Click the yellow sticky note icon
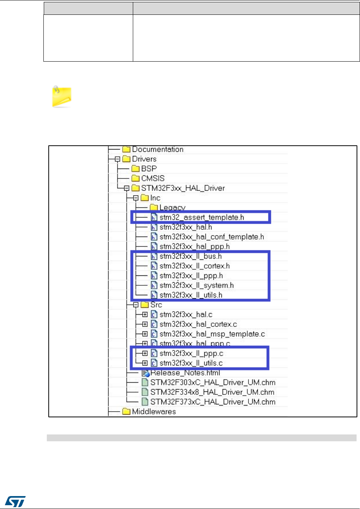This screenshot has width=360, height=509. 62,97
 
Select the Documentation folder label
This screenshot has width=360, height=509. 158,150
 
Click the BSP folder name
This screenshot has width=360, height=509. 149,169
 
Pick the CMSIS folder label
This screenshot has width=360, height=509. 153,178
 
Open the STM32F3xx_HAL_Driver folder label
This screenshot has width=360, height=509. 183,188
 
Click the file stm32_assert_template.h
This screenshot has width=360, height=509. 201,217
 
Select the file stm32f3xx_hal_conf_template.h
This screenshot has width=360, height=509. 211,237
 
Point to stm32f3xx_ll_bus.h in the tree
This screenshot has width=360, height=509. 190,256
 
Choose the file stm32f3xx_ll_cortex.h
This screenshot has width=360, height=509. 194,266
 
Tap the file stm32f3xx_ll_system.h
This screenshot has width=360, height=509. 196,285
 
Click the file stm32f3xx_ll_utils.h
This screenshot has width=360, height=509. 191,295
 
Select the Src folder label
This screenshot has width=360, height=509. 156,305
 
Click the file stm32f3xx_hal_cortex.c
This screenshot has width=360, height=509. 198,324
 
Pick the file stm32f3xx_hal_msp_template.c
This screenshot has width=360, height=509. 212,334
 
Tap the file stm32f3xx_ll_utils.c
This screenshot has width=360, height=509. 191,363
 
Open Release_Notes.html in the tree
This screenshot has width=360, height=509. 185,373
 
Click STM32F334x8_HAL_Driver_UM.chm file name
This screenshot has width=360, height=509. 212,392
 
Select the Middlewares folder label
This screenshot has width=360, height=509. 154,412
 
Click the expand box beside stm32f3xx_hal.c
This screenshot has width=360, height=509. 145,315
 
